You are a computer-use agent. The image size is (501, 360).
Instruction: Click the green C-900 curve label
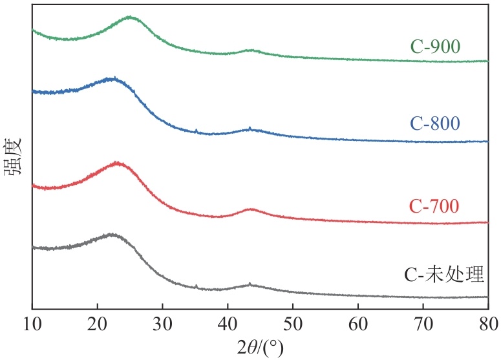[x=434, y=47]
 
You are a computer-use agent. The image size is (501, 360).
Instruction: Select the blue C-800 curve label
[x=434, y=123]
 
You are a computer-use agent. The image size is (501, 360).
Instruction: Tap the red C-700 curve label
[x=434, y=206]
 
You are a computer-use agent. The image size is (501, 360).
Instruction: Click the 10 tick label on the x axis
[x=32, y=323]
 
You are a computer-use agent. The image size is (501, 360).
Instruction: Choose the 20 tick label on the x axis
[x=97, y=323]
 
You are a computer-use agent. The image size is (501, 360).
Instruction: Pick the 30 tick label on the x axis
[x=162, y=323]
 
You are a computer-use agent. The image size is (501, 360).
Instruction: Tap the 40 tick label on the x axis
[x=228, y=323]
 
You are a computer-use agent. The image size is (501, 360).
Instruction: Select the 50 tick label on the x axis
[x=293, y=323]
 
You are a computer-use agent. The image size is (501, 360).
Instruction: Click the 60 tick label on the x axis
[x=358, y=323]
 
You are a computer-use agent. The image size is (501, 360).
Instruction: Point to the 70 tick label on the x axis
[x=423, y=323]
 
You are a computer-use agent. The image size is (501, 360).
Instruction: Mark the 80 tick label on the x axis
[x=487, y=323]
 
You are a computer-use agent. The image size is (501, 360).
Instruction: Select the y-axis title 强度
[x=14, y=155]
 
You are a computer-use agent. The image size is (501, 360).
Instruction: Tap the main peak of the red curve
[x=118, y=163]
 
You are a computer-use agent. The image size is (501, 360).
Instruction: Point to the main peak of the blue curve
[x=112, y=79]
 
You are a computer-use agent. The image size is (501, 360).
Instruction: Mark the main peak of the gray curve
[x=112, y=235]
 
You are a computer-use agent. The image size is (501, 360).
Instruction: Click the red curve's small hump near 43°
[x=251, y=209]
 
